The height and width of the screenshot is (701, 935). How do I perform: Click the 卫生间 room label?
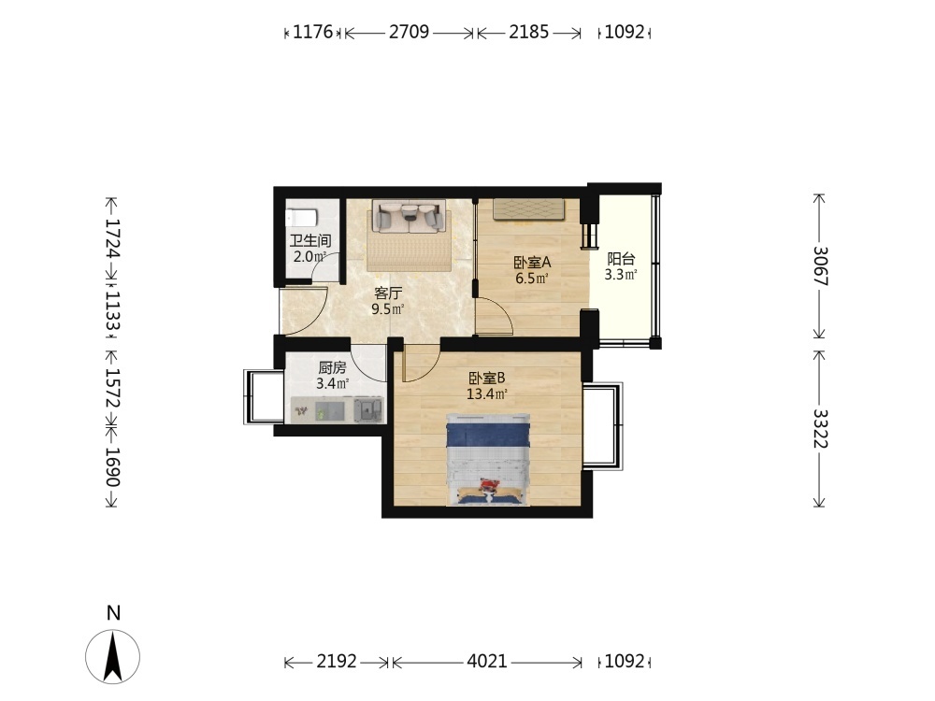pyautogui.click(x=310, y=241)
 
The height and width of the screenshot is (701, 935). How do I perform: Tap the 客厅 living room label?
pyautogui.click(x=388, y=293)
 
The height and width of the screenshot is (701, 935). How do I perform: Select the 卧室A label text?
pyautogui.click(x=532, y=263)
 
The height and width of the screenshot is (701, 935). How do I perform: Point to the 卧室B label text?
pyautogui.click(x=487, y=378)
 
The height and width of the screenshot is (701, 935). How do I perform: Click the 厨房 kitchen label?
pyautogui.click(x=332, y=367)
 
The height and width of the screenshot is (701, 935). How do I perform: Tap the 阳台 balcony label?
pyautogui.click(x=621, y=259)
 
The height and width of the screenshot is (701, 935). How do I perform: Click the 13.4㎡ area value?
pyautogui.click(x=486, y=394)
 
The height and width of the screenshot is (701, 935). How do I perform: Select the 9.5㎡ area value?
pyautogui.click(x=388, y=308)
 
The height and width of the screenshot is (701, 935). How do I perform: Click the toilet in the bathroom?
pyautogui.click(x=300, y=217)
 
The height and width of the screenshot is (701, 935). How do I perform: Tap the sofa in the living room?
pyautogui.click(x=410, y=216)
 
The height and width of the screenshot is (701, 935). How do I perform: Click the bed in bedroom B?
pyautogui.click(x=488, y=459)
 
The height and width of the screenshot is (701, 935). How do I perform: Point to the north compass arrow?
pyautogui.click(x=113, y=656)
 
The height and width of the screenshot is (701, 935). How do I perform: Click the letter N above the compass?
pyautogui.click(x=113, y=613)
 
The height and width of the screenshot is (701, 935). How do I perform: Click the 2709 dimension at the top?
pyautogui.click(x=410, y=32)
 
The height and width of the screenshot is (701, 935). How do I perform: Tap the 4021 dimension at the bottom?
pyautogui.click(x=486, y=661)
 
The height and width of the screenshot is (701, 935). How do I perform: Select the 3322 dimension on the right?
pyautogui.click(x=820, y=429)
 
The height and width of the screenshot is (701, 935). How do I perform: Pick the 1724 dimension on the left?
pyautogui.click(x=113, y=237)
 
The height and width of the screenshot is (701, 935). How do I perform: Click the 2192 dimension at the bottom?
pyautogui.click(x=337, y=661)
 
